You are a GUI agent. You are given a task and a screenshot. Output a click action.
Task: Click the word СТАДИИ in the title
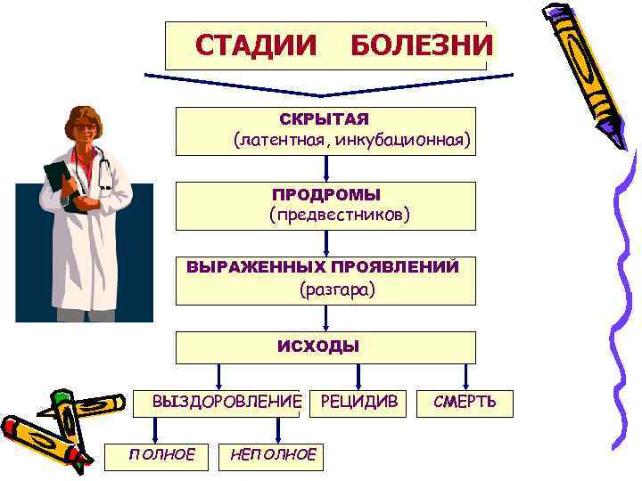pyautogui.click(x=256, y=45)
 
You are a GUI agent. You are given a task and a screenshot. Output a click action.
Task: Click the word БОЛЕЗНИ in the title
pyautogui.click(x=421, y=45)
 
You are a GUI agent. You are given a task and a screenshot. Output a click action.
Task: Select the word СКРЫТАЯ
pyautogui.click(x=324, y=119)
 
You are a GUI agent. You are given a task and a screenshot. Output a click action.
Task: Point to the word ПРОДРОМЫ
pyautogui.click(x=326, y=194)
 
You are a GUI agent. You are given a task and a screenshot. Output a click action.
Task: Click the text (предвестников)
pyautogui.click(x=339, y=216)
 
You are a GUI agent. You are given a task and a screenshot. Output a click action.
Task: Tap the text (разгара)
pyautogui.click(x=338, y=289)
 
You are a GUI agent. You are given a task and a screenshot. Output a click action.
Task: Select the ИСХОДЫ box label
pyautogui.click(x=326, y=346)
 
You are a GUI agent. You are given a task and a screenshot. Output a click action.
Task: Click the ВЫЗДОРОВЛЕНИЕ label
pyautogui.click(x=227, y=403)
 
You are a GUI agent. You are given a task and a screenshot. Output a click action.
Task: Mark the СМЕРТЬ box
pyautogui.click(x=465, y=403)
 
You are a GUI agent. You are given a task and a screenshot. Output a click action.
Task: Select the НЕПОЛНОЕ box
pyautogui.click(x=272, y=455)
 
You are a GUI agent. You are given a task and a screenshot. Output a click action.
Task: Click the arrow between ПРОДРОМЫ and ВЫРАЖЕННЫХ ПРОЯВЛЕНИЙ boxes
pyautogui.click(x=326, y=242)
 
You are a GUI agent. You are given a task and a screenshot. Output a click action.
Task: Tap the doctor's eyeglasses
pyautogui.click(x=86, y=127)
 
